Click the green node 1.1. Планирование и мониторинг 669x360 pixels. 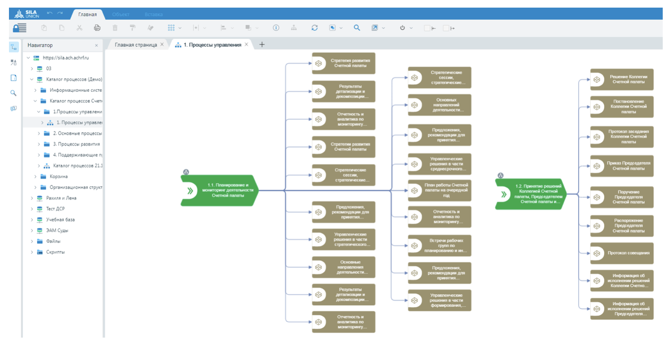(x=220, y=190)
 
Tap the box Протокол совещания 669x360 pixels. (x=622, y=253)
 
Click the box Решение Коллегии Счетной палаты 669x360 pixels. (x=622, y=79)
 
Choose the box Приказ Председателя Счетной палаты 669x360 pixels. (x=622, y=166)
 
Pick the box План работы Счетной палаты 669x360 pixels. (x=439, y=190)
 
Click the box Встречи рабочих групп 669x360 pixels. (x=439, y=245)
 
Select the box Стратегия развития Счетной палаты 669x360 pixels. (x=343, y=63)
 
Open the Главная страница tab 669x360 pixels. (x=136, y=45)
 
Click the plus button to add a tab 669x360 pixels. (x=262, y=44)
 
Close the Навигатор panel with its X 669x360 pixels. (x=96, y=45)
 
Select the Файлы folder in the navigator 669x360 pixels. (x=53, y=241)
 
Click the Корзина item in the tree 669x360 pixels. (x=59, y=176)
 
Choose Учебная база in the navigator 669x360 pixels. (x=60, y=219)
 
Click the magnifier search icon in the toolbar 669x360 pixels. (x=357, y=28)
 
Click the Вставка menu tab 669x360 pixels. (x=154, y=14)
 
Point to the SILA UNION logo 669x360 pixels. (x=27, y=14)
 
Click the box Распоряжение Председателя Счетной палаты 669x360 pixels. (x=622, y=226)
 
